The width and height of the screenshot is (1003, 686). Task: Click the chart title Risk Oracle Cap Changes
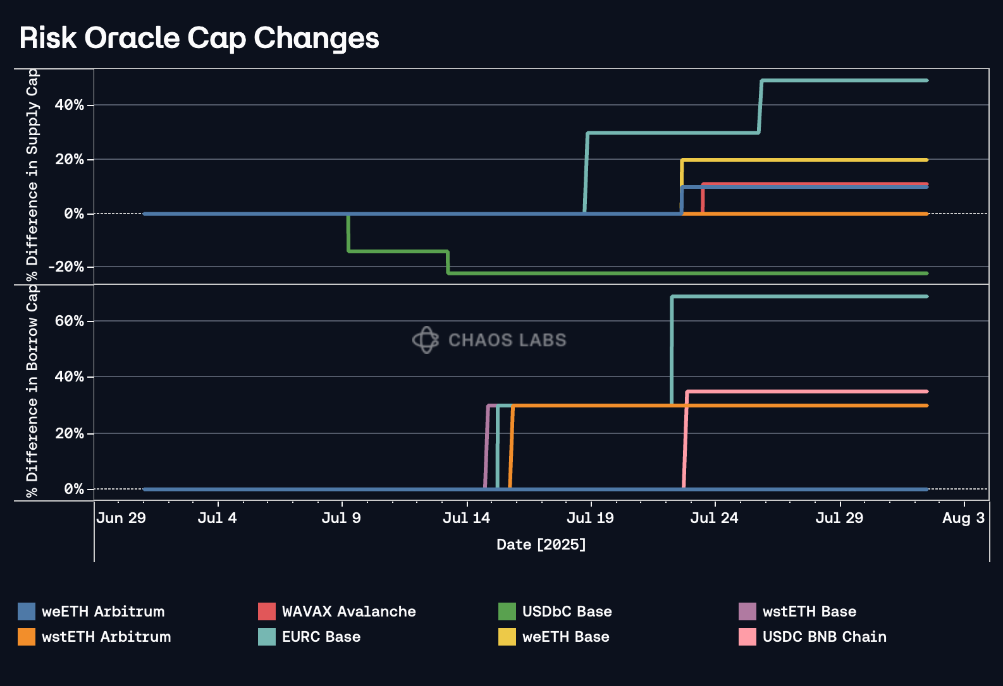[x=199, y=39]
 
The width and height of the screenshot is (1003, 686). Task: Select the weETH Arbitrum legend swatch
[x=27, y=611]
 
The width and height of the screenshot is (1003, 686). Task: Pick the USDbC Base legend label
[x=567, y=611]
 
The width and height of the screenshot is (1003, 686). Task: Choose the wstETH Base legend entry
[x=809, y=611]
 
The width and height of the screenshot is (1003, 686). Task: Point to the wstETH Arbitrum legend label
[x=106, y=637]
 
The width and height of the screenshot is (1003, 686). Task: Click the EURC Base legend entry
[x=321, y=637]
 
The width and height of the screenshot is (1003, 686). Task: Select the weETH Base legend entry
[x=565, y=637]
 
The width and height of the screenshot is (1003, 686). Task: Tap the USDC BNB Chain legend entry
[x=824, y=637]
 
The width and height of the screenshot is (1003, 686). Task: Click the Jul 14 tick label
[x=466, y=519]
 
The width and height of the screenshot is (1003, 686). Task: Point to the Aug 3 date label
[x=963, y=519]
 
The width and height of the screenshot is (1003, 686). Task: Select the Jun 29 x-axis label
[x=121, y=519]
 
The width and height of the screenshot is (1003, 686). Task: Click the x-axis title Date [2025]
[x=541, y=545]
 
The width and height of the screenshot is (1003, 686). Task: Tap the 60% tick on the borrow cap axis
[x=69, y=321]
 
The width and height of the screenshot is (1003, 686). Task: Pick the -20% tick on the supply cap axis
[x=66, y=267]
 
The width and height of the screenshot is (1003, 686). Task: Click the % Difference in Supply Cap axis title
[x=32, y=176]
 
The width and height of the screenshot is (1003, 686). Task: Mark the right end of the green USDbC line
[x=926, y=274]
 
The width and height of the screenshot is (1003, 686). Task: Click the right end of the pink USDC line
[x=926, y=392]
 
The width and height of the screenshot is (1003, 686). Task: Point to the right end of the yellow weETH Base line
[x=926, y=160]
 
